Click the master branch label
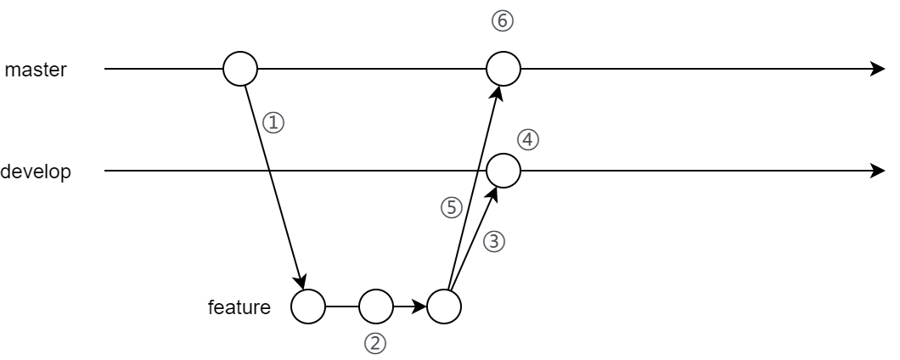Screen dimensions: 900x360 click(x=36, y=70)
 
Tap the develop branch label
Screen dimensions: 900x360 click(x=36, y=172)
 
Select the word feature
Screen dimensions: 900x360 click(x=239, y=307)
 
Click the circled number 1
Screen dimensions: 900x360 click(x=273, y=123)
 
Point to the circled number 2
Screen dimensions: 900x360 click(x=375, y=344)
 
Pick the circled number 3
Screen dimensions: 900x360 click(x=494, y=242)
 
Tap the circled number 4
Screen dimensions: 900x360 click(x=528, y=140)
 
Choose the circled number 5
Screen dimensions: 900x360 click(x=452, y=207)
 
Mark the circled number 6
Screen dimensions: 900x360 click(x=503, y=21)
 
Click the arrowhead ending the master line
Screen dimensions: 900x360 click(x=878, y=69)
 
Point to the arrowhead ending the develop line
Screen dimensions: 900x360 click(x=878, y=171)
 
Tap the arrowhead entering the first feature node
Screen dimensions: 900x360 click(x=301, y=281)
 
